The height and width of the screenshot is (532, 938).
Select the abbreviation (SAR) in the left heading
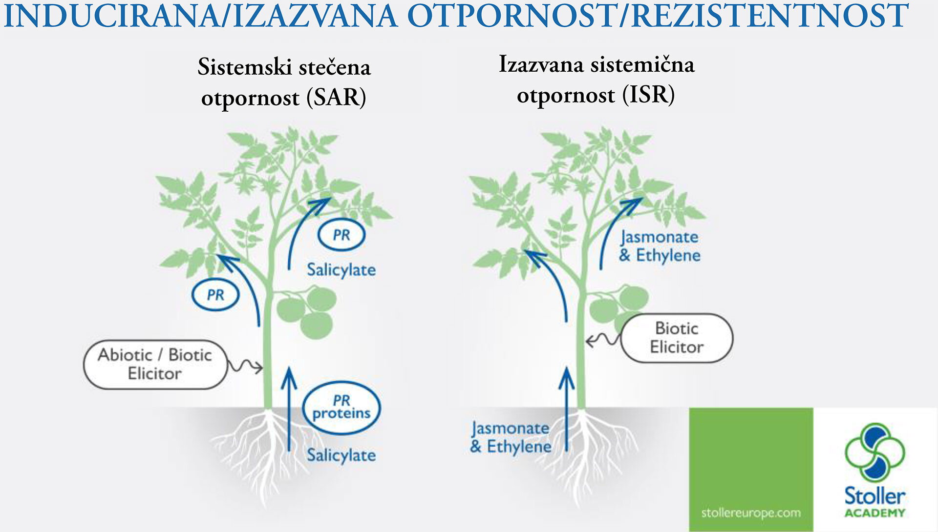point(336,97)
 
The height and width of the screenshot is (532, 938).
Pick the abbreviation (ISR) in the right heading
point(648,94)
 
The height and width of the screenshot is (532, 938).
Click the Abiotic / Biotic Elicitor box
point(155,364)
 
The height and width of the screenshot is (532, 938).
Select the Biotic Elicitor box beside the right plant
point(677,338)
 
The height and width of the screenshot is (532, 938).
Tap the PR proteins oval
point(341,408)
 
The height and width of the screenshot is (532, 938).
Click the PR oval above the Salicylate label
point(341,235)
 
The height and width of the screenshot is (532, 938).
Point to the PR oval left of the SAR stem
point(215,295)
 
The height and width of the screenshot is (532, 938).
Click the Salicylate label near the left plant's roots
point(341,455)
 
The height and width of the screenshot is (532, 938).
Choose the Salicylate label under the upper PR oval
point(341,270)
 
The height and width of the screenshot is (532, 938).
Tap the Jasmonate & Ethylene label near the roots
point(511,437)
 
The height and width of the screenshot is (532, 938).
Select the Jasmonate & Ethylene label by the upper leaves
point(660,246)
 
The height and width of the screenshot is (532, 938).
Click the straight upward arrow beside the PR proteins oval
point(289,409)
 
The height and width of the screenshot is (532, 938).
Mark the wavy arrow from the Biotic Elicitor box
point(603,339)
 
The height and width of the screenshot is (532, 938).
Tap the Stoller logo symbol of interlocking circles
point(874,452)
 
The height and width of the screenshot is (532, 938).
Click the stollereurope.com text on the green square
point(751,513)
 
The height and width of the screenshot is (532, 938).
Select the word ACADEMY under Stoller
point(875,513)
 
